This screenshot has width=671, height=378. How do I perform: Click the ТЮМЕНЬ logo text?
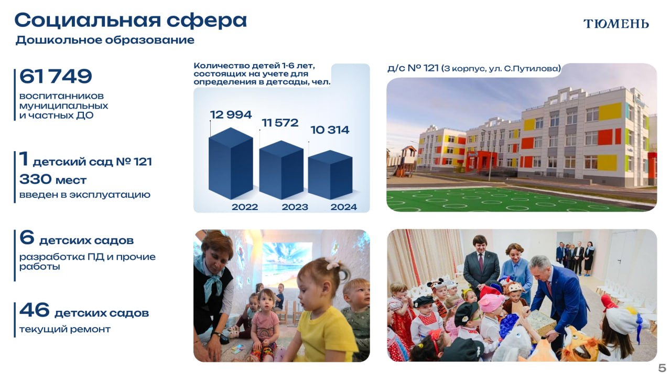pyautogui.click(x=616, y=24)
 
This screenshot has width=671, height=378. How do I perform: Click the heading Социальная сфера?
pyautogui.click(x=131, y=20)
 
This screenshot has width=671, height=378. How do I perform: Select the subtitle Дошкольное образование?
pyautogui.click(x=105, y=40)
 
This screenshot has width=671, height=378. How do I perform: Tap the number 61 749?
pyautogui.click(x=56, y=76)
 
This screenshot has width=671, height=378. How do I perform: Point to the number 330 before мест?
pyautogui.click(x=36, y=180)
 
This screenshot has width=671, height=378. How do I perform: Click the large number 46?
pyautogui.click(x=34, y=310)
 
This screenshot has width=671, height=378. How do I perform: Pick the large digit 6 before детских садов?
pyautogui.click(x=27, y=237)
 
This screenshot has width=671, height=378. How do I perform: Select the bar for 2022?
pyautogui.click(x=231, y=163)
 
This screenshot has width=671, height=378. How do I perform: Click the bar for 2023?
pyautogui.click(x=282, y=170)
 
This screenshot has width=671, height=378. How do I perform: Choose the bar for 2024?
pyautogui.click(x=330, y=175)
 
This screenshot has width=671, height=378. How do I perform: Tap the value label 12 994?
pyautogui.click(x=231, y=114)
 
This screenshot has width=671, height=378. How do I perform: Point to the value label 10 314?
pyautogui.click(x=330, y=130)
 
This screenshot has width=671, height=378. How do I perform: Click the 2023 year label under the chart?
pyautogui.click(x=295, y=207)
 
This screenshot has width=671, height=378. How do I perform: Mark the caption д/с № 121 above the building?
pyautogui.click(x=474, y=68)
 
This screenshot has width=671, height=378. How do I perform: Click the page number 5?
pyautogui.click(x=662, y=368)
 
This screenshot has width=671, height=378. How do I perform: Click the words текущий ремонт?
pyautogui.click(x=65, y=329)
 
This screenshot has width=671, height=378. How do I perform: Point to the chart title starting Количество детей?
pyautogui.click(x=262, y=73)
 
